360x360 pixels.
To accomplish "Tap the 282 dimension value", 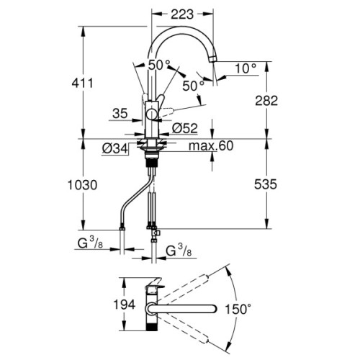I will pyautogui.click(x=266, y=101).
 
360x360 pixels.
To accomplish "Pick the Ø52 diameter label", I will pyautogui.click(x=186, y=128).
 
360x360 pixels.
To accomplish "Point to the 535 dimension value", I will pyautogui.click(x=266, y=185).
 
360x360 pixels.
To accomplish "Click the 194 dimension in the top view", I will pyautogui.click(x=125, y=305).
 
